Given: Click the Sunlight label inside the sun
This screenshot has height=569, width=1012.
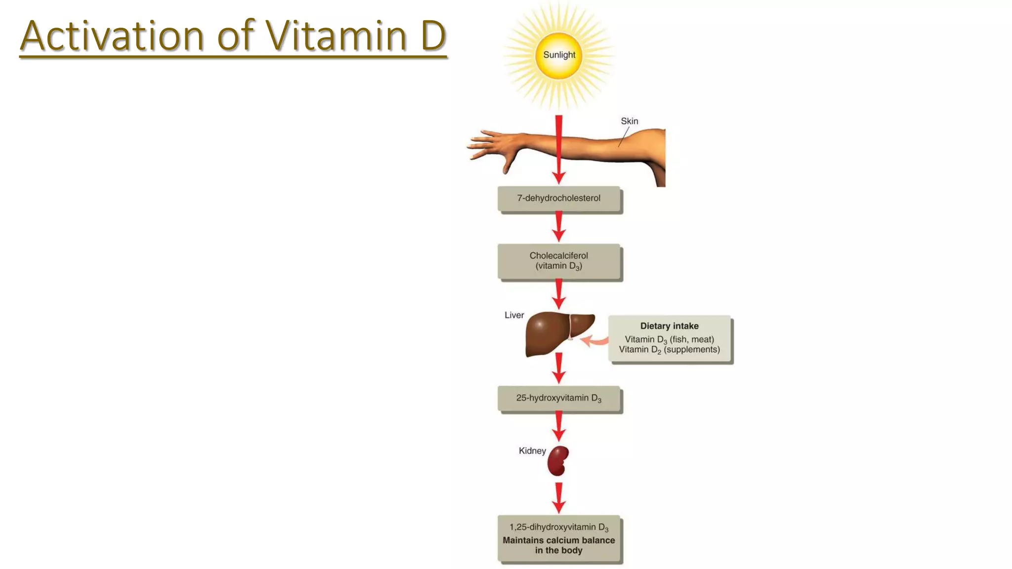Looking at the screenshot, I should [x=559, y=55].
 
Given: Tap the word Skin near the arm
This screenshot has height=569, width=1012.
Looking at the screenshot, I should [x=629, y=121].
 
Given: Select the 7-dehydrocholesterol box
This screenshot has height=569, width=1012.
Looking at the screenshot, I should [x=559, y=199].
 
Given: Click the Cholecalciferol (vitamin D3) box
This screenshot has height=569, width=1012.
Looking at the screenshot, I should [x=559, y=261].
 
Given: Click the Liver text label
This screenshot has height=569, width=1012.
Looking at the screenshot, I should [x=514, y=315].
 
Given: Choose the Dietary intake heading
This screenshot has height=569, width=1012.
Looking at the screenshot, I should [x=669, y=326].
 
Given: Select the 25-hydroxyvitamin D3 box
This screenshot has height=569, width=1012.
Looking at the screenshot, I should [x=559, y=398].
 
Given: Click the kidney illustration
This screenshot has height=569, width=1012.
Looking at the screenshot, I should [x=558, y=461].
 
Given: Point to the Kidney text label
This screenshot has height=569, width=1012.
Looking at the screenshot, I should [x=532, y=450].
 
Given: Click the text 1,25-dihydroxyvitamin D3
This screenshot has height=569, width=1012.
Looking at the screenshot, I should [x=559, y=528].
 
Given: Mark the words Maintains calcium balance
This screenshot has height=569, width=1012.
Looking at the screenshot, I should [x=559, y=540].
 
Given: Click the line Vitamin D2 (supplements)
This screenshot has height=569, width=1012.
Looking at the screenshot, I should [x=669, y=350].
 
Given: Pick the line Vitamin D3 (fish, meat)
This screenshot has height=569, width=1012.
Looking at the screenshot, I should [x=669, y=339].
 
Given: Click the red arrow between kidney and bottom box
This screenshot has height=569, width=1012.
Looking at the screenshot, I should [x=559, y=498].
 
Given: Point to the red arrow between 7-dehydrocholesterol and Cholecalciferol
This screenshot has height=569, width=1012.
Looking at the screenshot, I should [x=559, y=227].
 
